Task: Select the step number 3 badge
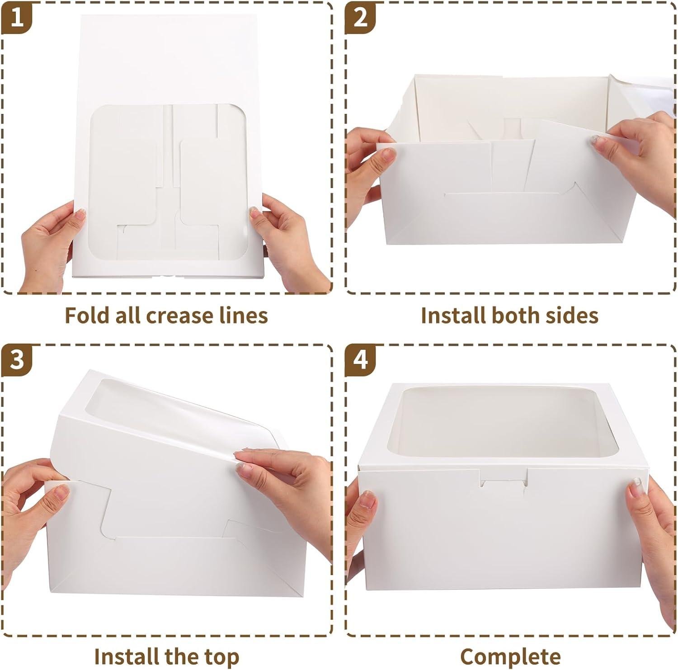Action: click(x=17, y=360)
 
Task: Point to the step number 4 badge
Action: click(x=360, y=360)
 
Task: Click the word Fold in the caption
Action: click(x=86, y=315)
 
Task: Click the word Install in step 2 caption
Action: click(x=452, y=315)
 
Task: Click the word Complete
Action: click(x=510, y=656)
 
